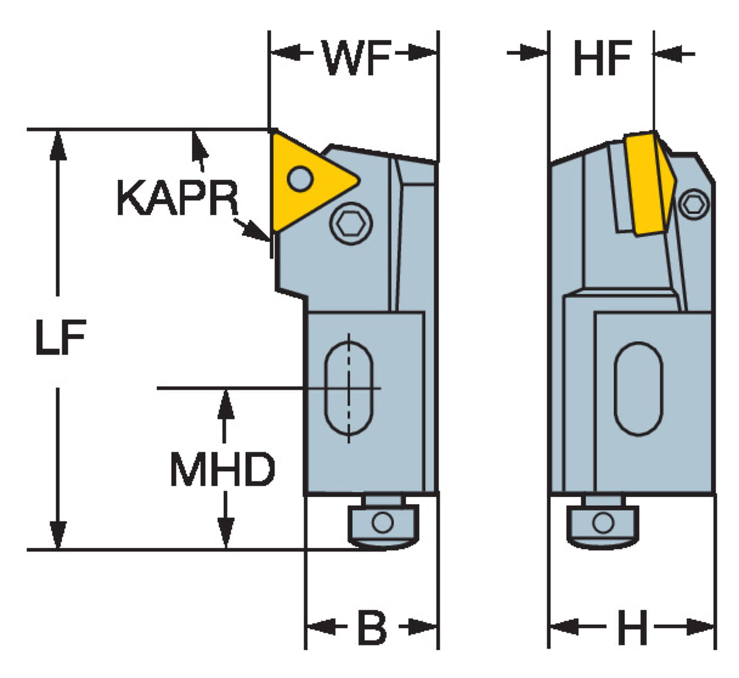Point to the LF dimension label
pyautogui.click(x=61, y=338)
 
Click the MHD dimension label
pyautogui.click(x=222, y=469)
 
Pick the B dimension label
pyautogui.click(x=372, y=628)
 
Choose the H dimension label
pyautogui.click(x=633, y=628)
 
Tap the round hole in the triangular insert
pyautogui.click(x=300, y=178)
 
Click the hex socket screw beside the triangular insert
pyautogui.click(x=350, y=224)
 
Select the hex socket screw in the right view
pyautogui.click(x=695, y=204)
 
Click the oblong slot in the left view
pyautogui.click(x=349, y=389)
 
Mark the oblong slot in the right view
pyautogui.click(x=638, y=389)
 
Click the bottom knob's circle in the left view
pyautogui.click(x=383, y=522)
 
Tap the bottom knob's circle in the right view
pyautogui.click(x=603, y=522)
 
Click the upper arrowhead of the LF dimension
pyautogui.click(x=58, y=145)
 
